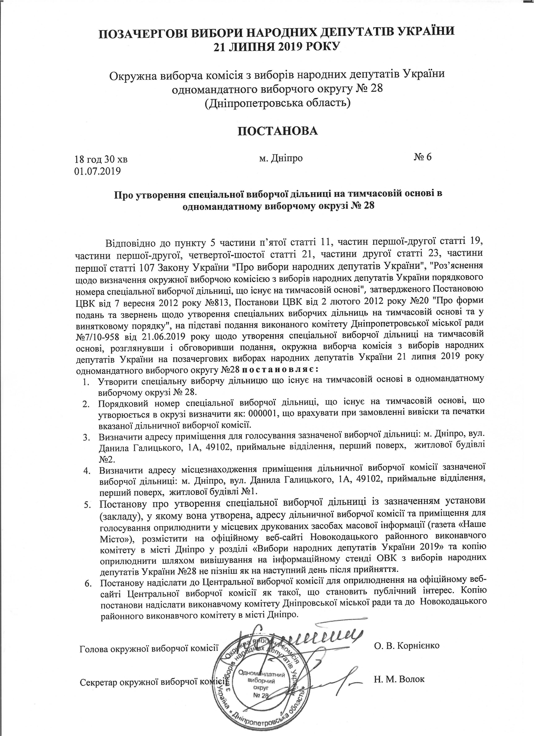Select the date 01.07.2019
[98, 171]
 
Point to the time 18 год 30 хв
[101, 160]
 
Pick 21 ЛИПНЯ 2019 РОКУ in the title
[277, 46]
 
